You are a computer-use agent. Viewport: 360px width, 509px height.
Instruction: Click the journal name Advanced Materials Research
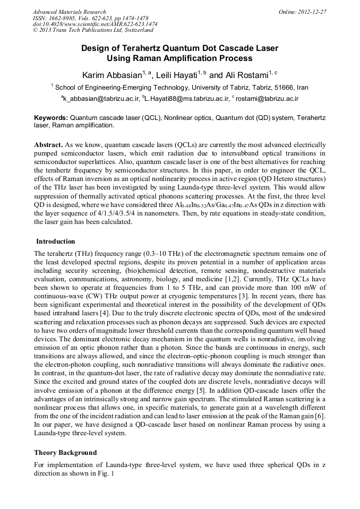point(69,12)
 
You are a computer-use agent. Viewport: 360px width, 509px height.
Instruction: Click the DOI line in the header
point(95,24)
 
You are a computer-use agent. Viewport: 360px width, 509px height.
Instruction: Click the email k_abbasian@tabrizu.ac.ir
point(102,99)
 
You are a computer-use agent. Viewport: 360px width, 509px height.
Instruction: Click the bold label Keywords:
point(51,117)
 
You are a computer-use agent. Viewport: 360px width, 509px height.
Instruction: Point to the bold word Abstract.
point(49,144)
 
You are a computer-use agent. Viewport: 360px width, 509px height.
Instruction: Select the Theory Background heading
point(65,453)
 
